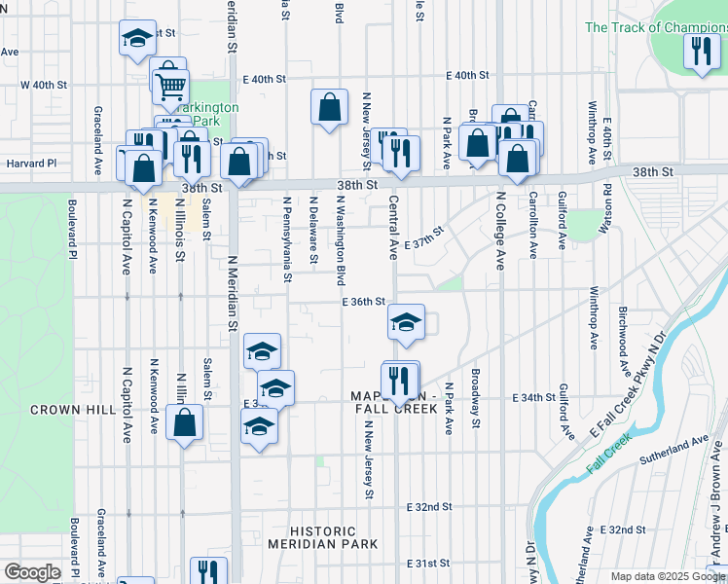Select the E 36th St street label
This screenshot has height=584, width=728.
(x=365, y=303)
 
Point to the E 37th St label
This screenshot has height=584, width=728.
(x=423, y=237)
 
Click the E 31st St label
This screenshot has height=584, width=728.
(x=429, y=563)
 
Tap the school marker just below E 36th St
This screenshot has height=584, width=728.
(x=406, y=322)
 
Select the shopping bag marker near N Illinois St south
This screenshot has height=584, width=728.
(x=184, y=422)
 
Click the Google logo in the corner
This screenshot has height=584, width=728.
(x=32, y=572)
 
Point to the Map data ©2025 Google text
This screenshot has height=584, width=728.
(x=667, y=576)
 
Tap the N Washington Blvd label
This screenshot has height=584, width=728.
(x=340, y=239)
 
